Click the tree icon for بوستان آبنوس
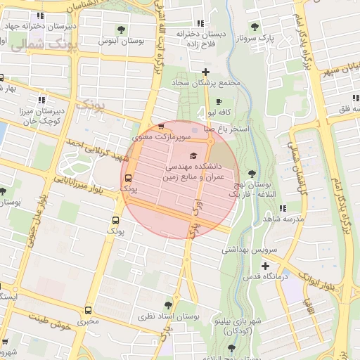123,30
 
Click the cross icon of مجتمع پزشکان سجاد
205,72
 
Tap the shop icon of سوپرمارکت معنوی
161,127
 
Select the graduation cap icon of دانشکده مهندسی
193,155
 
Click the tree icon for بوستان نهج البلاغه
252,174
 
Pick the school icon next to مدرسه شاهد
283,209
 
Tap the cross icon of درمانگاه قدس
264,266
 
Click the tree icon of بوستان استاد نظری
168,305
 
